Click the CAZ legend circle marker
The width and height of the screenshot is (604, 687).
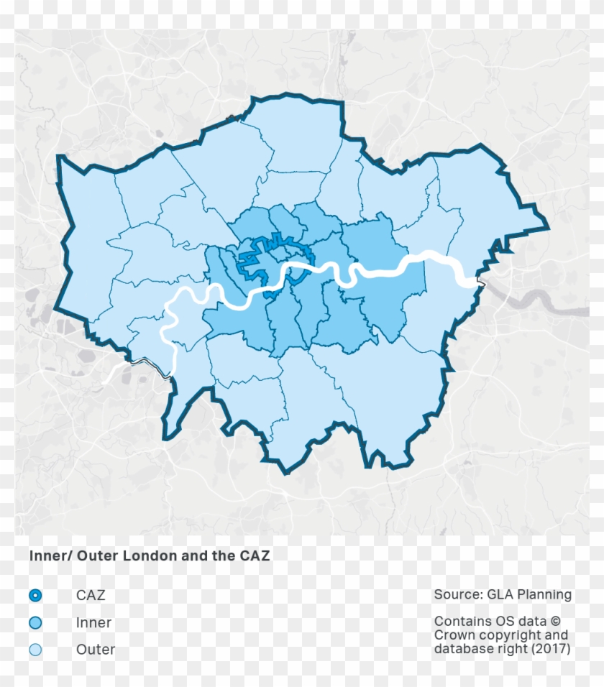35,596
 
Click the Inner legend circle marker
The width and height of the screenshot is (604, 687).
35,623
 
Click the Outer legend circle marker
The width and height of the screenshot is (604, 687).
35,650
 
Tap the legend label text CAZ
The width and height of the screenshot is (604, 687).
91,596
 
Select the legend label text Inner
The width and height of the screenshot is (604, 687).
93,623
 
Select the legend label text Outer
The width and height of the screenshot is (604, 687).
96,650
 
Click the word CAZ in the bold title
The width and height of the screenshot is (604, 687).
254,556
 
